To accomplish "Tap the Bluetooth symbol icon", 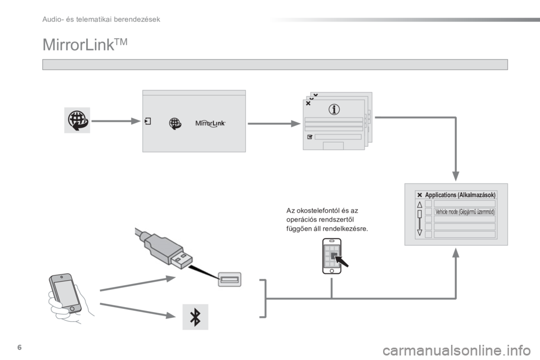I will [x=195, y=317].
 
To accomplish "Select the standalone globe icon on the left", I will [x=75, y=120].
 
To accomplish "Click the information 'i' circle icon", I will [x=334, y=110].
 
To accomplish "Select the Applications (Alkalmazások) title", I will [x=460, y=194].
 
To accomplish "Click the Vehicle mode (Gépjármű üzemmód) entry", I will [x=465, y=212].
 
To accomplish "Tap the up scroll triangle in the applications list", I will [x=420, y=206].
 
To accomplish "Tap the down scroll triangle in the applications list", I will [x=420, y=232].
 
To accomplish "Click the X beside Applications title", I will [x=420, y=194].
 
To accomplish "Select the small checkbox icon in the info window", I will [x=309, y=137].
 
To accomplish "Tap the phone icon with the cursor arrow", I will [x=332, y=256].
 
